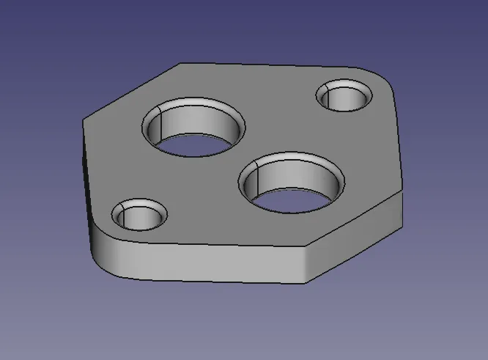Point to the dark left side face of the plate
[x=87, y=183]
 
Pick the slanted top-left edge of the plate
[x=132, y=88]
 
